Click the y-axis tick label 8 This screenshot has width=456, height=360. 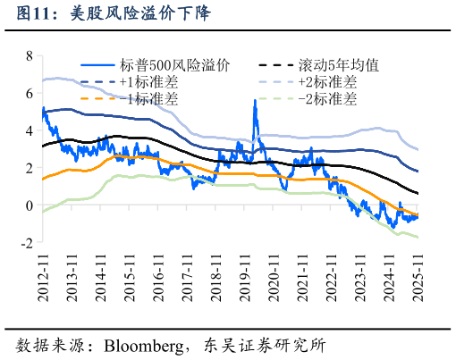pos(30,55)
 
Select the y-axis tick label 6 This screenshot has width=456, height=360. pos(30,93)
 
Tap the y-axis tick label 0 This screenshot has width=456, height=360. pos(30,205)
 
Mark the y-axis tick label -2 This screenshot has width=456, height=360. pos(27,243)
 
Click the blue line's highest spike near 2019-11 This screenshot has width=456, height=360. pos(255,101)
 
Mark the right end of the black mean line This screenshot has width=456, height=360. pos(417,193)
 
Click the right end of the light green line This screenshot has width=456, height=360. pos(417,237)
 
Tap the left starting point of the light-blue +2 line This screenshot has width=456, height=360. pos(43,80)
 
